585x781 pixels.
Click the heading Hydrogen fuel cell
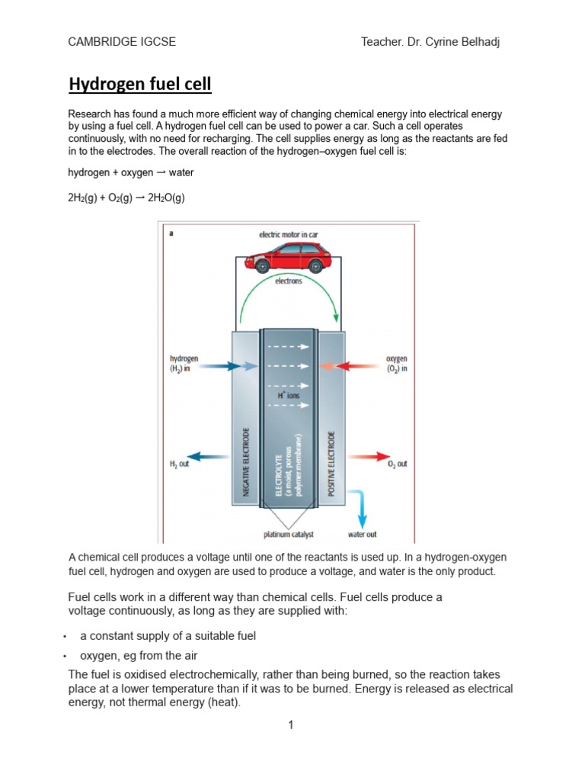pyautogui.click(x=140, y=84)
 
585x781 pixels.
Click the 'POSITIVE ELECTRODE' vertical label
pyautogui.click(x=331, y=464)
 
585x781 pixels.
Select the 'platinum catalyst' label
pyautogui.click(x=289, y=535)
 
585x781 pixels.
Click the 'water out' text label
pyautogui.click(x=362, y=535)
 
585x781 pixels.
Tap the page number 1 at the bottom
pyautogui.click(x=291, y=725)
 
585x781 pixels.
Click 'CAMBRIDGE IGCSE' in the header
pyautogui.click(x=122, y=42)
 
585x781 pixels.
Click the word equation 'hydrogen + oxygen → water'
pyautogui.click(x=131, y=172)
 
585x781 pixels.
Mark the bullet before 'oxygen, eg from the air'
pyautogui.click(x=66, y=657)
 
